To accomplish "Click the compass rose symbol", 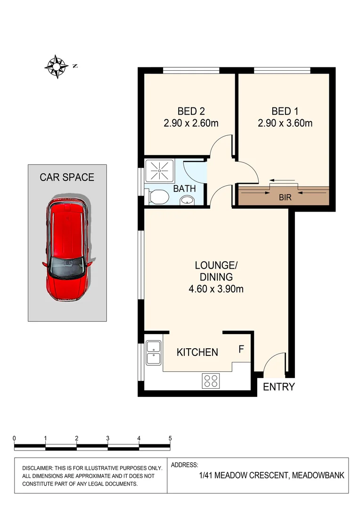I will click(56, 66).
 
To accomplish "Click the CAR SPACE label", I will click(66, 177).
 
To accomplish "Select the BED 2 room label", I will click(191, 112).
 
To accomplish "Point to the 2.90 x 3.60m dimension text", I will click(285, 124).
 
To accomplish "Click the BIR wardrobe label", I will click(285, 197).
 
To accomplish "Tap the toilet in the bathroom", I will click(156, 197).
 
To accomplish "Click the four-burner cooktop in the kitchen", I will click(211, 380).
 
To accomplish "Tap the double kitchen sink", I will click(154, 353).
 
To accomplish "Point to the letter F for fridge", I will click(241, 349).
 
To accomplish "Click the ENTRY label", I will click(278, 387).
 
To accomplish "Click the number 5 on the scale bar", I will click(170, 438).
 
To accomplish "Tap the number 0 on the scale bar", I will click(15, 438).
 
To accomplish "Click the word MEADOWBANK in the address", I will click(318, 476).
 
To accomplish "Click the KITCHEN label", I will click(197, 352).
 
